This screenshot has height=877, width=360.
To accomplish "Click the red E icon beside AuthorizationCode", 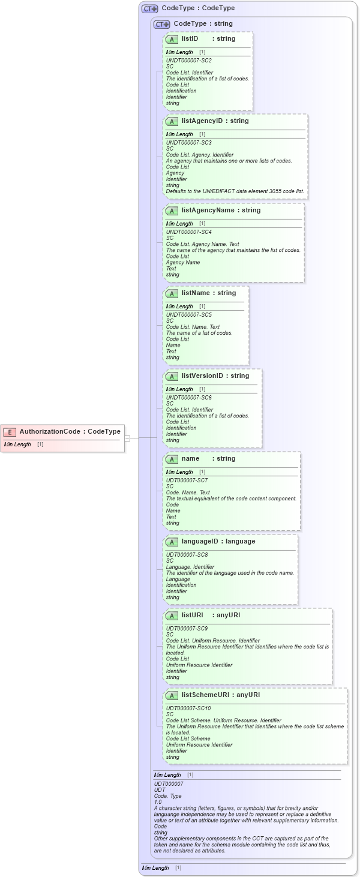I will [10, 431].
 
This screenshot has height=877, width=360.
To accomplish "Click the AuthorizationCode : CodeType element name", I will [70, 431].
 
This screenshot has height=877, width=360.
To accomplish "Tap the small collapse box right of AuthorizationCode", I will [127, 438].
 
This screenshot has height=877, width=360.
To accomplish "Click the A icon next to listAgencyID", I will [172, 121].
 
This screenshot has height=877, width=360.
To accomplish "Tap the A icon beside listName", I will [172, 293].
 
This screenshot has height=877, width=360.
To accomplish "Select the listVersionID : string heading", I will [215, 376].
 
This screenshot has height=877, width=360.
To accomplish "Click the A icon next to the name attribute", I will [172, 459].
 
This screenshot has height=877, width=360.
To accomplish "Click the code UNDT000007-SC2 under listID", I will [188, 61].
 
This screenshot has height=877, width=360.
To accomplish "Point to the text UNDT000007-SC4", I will [188, 232].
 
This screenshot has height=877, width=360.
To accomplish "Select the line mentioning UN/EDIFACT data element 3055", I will [235, 191].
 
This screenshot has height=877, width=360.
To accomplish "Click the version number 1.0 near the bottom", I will [158, 802].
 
